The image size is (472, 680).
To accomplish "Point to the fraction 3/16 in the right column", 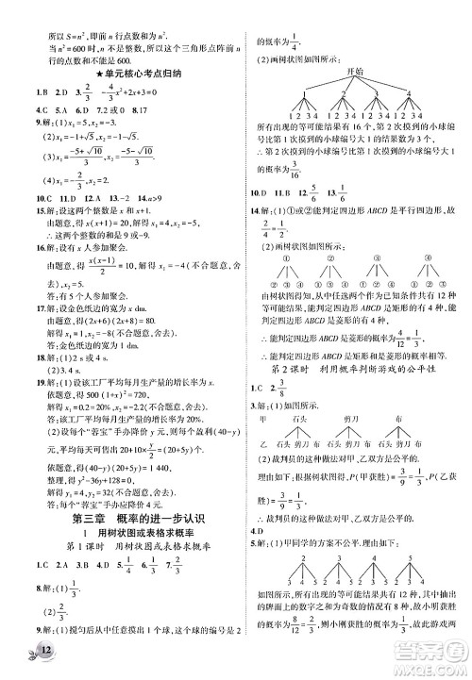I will coord(269,170).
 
